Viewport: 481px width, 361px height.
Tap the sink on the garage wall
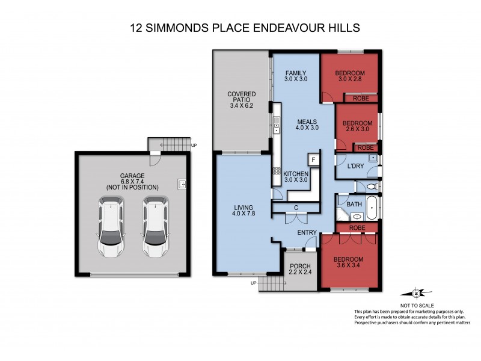pos(181,184)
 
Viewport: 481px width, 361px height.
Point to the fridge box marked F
pos(313,159)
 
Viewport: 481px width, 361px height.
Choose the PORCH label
pos(299,267)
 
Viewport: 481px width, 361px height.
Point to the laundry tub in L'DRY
pos(373,158)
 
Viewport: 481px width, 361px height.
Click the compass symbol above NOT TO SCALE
pos(416,294)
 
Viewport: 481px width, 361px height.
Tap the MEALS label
pos(306,122)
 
